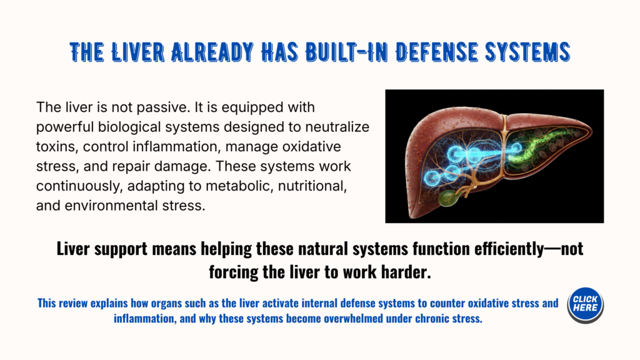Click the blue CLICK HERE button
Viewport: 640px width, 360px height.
coord(585,305)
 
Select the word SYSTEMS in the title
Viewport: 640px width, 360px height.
coord(527,52)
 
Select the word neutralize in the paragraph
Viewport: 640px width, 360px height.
coord(337,127)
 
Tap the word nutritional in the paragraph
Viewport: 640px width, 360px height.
coord(312,186)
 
